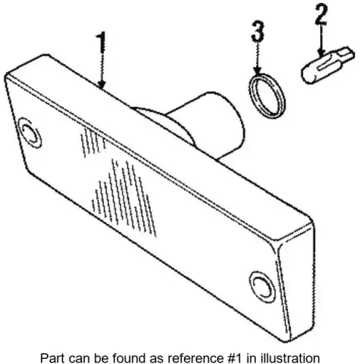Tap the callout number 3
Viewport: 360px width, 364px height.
pyautogui.click(x=257, y=31)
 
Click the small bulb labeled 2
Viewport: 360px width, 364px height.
pyautogui.click(x=327, y=65)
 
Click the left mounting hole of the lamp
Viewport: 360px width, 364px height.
pyautogui.click(x=31, y=132)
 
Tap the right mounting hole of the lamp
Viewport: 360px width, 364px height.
pyautogui.click(x=263, y=287)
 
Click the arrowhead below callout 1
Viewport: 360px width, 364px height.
pyautogui.click(x=102, y=84)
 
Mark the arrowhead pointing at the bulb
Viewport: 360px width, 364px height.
pyautogui.click(x=321, y=52)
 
